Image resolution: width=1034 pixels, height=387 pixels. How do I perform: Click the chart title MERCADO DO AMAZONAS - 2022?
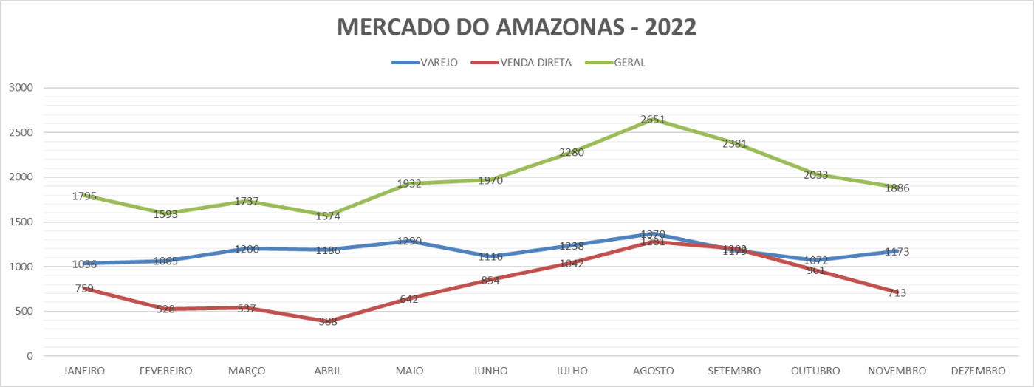tap(516, 27)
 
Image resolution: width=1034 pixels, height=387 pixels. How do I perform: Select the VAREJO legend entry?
tap(438, 63)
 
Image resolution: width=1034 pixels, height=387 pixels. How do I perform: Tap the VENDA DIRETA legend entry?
tap(535, 63)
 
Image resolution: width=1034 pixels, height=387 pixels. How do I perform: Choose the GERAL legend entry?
tap(629, 63)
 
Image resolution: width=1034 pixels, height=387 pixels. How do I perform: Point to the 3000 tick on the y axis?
tap(20, 88)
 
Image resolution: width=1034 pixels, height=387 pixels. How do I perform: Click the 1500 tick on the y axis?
tap(20, 222)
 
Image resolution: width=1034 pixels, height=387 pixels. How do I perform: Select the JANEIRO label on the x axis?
tap(84, 371)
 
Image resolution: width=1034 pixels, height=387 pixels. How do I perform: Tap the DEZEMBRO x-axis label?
tap(978, 371)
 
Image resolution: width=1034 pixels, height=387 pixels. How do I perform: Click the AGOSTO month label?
tap(653, 371)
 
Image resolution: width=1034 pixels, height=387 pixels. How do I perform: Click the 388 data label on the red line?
tap(328, 321)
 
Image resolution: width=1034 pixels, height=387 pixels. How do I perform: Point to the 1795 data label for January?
tap(85, 196)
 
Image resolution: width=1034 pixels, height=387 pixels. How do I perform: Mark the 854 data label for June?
tap(490, 280)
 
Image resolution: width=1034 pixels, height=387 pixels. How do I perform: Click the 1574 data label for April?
tap(328, 216)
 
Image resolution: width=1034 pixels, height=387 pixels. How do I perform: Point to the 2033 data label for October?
tap(815, 175)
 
